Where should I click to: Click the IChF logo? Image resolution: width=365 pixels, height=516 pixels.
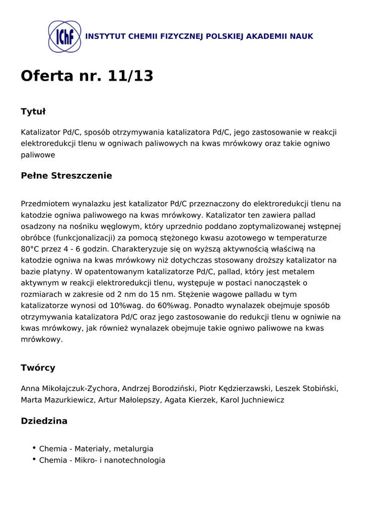tap(64, 37)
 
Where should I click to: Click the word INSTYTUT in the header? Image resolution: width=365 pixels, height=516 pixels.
tap(105, 37)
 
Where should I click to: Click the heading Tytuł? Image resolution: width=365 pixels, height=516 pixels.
tap(33, 111)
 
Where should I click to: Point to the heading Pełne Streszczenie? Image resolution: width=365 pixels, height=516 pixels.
tap(66, 176)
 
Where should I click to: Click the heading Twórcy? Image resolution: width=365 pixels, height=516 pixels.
tap(38, 368)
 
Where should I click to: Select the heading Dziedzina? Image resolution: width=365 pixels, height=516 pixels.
tap(44, 421)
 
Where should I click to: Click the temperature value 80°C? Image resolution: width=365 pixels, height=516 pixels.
tap(31, 249)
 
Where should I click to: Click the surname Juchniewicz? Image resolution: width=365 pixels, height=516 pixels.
tap(261, 400)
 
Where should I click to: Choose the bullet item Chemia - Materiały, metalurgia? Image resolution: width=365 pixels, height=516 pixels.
tap(96, 449)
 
